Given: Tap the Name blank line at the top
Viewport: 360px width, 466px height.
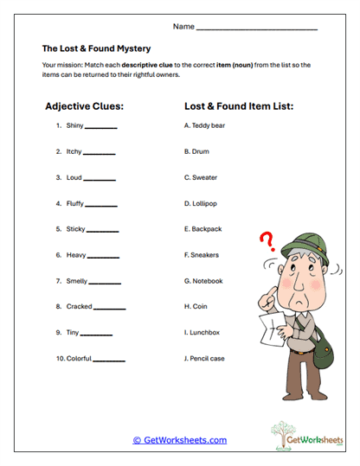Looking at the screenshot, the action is (256, 29).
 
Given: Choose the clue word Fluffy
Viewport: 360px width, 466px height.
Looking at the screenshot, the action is (76, 204).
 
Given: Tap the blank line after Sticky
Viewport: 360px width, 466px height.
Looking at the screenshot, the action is (102, 231).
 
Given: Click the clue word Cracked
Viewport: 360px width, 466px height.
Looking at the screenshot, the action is (79, 306).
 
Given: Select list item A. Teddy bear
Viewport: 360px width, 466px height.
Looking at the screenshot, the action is (204, 125).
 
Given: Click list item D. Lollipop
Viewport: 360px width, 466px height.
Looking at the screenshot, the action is (201, 204).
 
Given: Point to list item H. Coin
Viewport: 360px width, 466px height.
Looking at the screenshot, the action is (196, 306).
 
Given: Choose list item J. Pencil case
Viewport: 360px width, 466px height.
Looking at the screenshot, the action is (206, 358).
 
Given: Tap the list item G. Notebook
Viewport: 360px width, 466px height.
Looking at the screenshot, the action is (203, 281).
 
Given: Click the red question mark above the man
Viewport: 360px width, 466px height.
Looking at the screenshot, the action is (267, 239).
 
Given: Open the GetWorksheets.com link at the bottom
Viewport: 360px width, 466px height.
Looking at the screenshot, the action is (180, 440).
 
